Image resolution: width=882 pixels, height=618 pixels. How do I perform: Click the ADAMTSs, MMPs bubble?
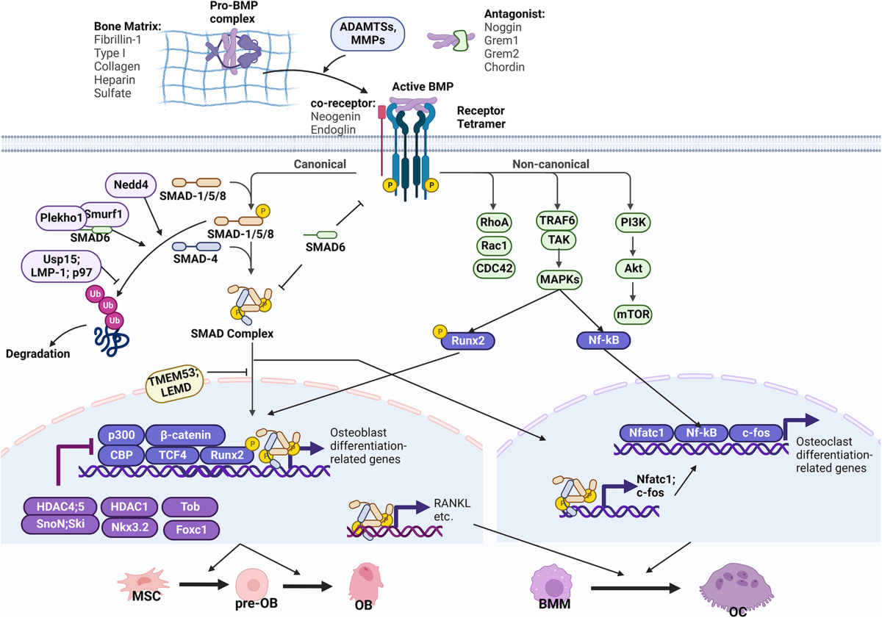click(x=367, y=34)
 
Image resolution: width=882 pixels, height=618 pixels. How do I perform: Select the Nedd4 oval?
click(x=131, y=184)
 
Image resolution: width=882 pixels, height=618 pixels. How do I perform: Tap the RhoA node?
click(x=494, y=222)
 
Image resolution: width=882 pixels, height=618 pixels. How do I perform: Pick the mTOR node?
click(x=633, y=314)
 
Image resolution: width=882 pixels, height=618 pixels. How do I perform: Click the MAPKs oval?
click(x=559, y=279)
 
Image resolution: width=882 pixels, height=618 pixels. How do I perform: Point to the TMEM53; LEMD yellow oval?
click(x=174, y=384)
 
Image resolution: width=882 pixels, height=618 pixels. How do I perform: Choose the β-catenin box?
click(x=185, y=434)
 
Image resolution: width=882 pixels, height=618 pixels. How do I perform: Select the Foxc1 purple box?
click(x=191, y=529)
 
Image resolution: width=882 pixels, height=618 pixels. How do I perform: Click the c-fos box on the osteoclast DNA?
click(x=756, y=433)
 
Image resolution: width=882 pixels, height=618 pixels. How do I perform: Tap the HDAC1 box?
click(x=129, y=506)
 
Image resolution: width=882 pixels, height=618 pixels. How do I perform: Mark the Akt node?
click(x=633, y=268)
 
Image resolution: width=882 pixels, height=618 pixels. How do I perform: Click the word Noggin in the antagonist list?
click(x=503, y=27)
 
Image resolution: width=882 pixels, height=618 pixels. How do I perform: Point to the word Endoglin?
click(x=333, y=129)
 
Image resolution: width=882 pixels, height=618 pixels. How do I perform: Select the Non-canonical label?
click(x=551, y=164)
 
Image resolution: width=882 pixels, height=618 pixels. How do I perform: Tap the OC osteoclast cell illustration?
click(x=736, y=589)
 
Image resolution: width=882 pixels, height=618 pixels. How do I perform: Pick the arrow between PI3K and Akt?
click(x=633, y=245)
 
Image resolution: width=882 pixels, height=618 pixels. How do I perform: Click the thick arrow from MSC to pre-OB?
click(x=204, y=584)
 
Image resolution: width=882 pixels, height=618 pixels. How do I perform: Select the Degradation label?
click(x=37, y=353)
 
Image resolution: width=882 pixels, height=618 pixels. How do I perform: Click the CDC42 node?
click(x=494, y=268)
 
